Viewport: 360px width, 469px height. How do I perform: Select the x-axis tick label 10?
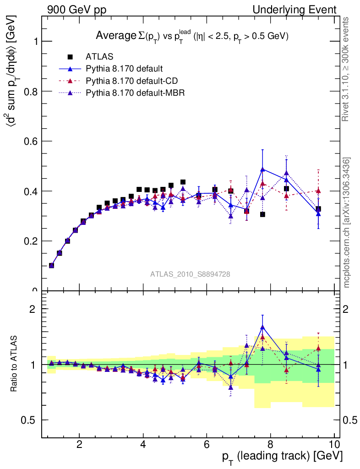[334, 444]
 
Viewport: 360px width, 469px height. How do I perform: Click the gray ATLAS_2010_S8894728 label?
[190, 274]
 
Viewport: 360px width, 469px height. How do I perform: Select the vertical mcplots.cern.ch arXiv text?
[347, 223]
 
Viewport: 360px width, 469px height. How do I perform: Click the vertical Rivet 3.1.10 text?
[346, 70]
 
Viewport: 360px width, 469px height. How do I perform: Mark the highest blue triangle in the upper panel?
[262, 169]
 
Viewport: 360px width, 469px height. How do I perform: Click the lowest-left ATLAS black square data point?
[51, 265]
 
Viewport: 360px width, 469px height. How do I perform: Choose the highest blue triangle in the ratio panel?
[262, 327]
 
